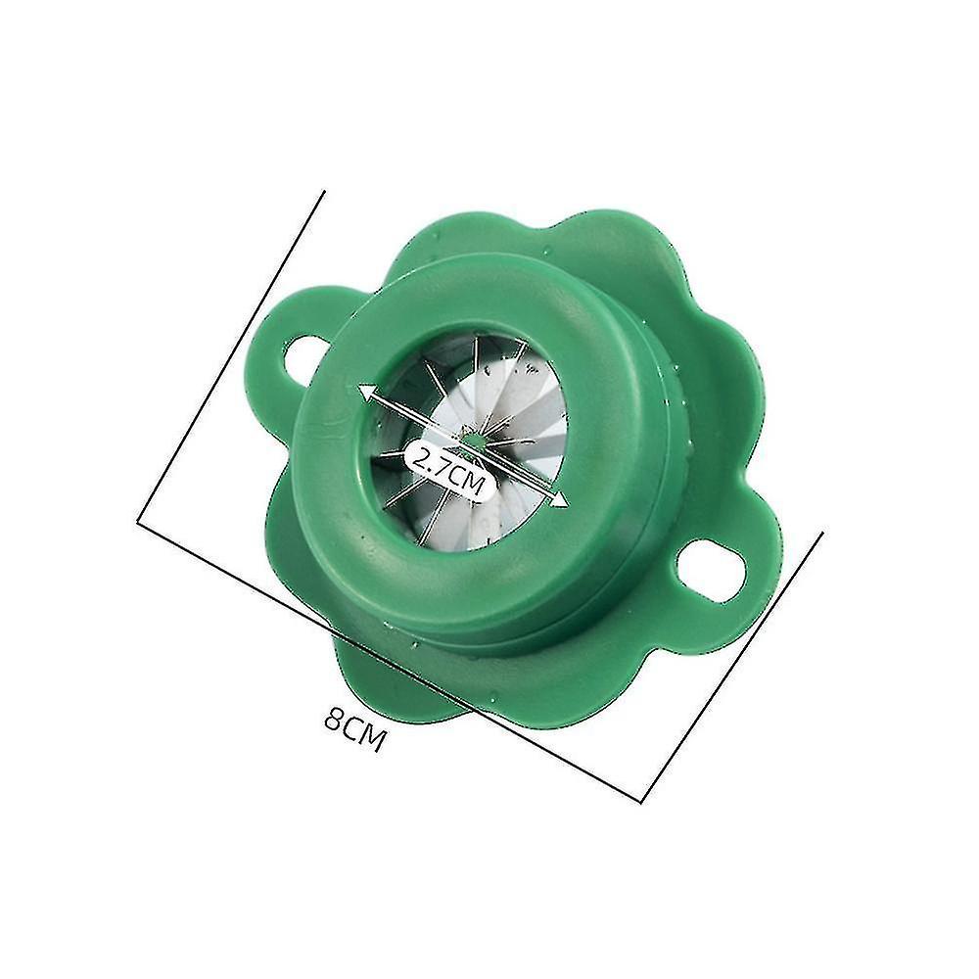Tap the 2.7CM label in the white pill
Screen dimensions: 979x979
[450, 468]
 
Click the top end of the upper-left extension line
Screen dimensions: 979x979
[325, 192]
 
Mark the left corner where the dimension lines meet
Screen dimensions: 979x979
[137, 519]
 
